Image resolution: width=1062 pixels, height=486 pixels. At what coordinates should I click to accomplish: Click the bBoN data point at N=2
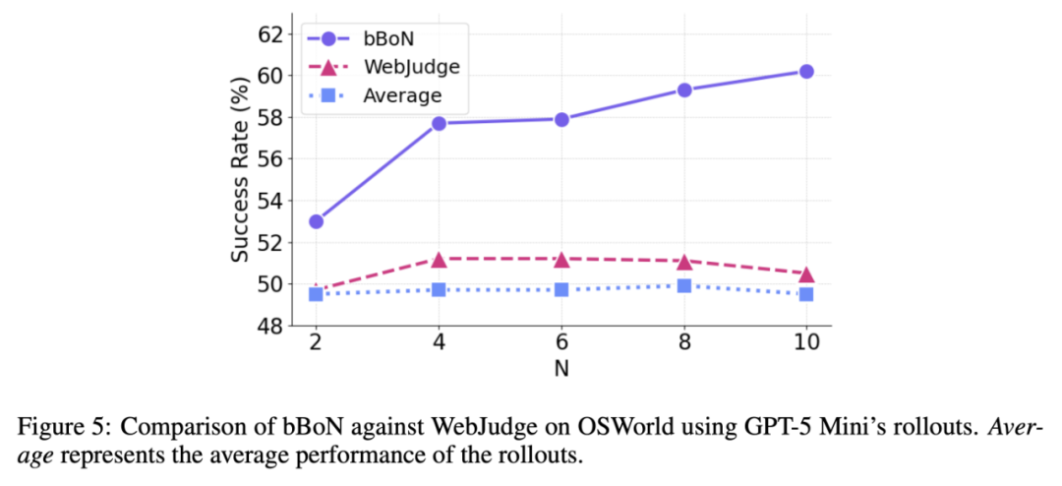coord(316,221)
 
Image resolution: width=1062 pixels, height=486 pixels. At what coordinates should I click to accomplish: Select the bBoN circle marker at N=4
coord(439,123)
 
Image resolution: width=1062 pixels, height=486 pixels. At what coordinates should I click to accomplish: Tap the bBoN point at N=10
coord(806,71)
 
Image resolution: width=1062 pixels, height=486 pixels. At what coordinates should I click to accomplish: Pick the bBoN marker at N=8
coord(684,90)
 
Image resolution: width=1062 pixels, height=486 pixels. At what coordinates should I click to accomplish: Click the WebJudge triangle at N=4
coord(439,259)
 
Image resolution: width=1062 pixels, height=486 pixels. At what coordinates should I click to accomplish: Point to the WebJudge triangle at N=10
coord(806,273)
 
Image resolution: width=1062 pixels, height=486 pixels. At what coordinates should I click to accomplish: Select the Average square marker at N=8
coord(684,286)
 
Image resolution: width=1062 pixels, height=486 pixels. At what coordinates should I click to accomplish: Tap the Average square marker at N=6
coord(561,289)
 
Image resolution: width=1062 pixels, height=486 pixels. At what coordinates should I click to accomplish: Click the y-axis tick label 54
coord(268,201)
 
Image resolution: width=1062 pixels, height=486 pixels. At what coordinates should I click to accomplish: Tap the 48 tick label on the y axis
coord(268,326)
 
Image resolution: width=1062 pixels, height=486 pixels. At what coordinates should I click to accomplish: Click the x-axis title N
coord(561,370)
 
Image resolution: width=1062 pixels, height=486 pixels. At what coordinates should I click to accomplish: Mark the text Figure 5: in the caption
coord(54,430)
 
